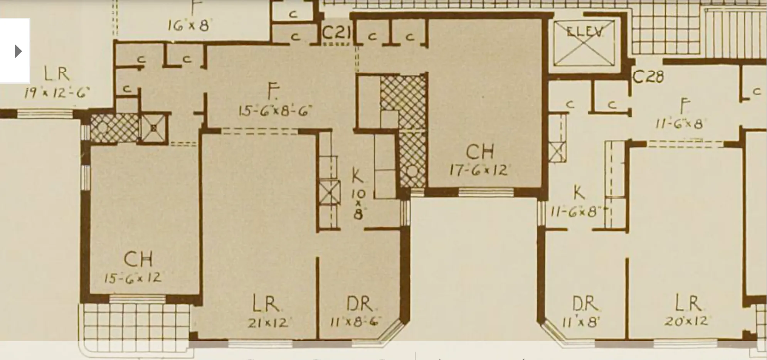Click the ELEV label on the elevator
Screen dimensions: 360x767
584,31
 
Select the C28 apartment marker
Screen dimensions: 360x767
648,77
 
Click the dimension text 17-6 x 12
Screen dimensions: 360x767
478,170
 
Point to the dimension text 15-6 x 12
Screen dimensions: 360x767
133,278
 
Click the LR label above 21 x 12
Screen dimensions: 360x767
266,304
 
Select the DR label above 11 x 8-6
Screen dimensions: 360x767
359,304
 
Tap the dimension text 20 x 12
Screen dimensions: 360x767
686,321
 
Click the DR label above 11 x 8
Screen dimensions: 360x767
585,304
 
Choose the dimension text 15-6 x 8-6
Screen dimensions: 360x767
274,111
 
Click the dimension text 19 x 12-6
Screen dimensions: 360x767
57,93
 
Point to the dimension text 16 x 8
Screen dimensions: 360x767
188,25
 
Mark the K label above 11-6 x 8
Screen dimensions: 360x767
579,193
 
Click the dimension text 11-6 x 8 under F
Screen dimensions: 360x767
679,124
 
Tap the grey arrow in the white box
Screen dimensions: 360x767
18,51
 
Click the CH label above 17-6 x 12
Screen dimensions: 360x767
479,152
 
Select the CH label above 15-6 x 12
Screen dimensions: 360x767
138,259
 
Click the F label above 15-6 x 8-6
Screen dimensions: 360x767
273,93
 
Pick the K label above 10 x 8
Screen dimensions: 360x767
357,177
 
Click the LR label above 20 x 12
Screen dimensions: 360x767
688,303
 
